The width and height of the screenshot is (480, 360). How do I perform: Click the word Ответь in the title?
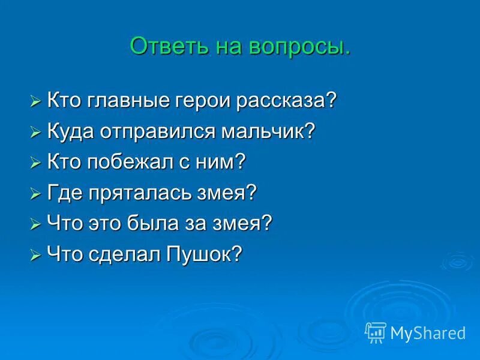[x=163, y=46]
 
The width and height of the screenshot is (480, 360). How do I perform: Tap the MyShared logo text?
[x=428, y=332]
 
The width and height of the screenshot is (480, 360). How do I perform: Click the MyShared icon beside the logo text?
[x=376, y=332]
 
